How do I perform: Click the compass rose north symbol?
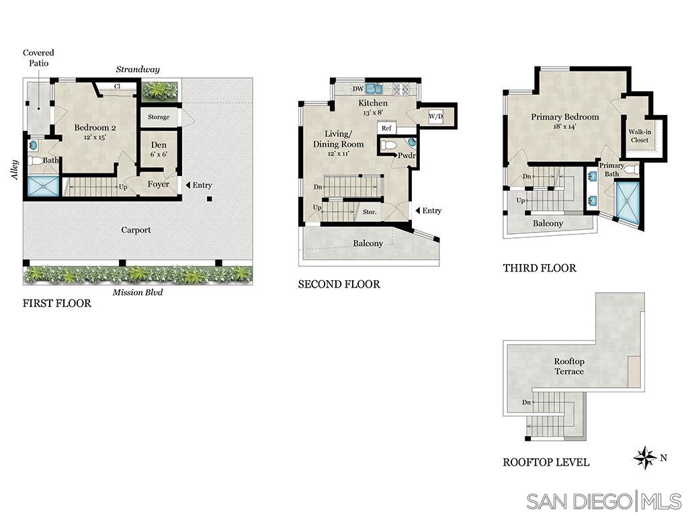pos(645,458)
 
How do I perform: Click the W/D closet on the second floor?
pos(436,116)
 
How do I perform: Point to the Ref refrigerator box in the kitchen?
pos(386,128)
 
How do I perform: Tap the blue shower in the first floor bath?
pos(42,185)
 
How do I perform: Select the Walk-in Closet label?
pos(640,136)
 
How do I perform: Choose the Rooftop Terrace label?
pos(568,366)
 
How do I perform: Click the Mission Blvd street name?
pos(137,292)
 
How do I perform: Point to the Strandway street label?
pos(138,69)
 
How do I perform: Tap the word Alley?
pos(14,169)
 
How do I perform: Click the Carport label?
pos(136,230)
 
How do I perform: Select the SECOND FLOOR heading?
pos(339,284)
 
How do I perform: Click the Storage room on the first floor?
pos(159,117)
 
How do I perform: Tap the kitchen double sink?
pos(374,88)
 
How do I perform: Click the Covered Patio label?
pos(38,58)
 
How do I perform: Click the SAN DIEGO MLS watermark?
pos(603,501)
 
